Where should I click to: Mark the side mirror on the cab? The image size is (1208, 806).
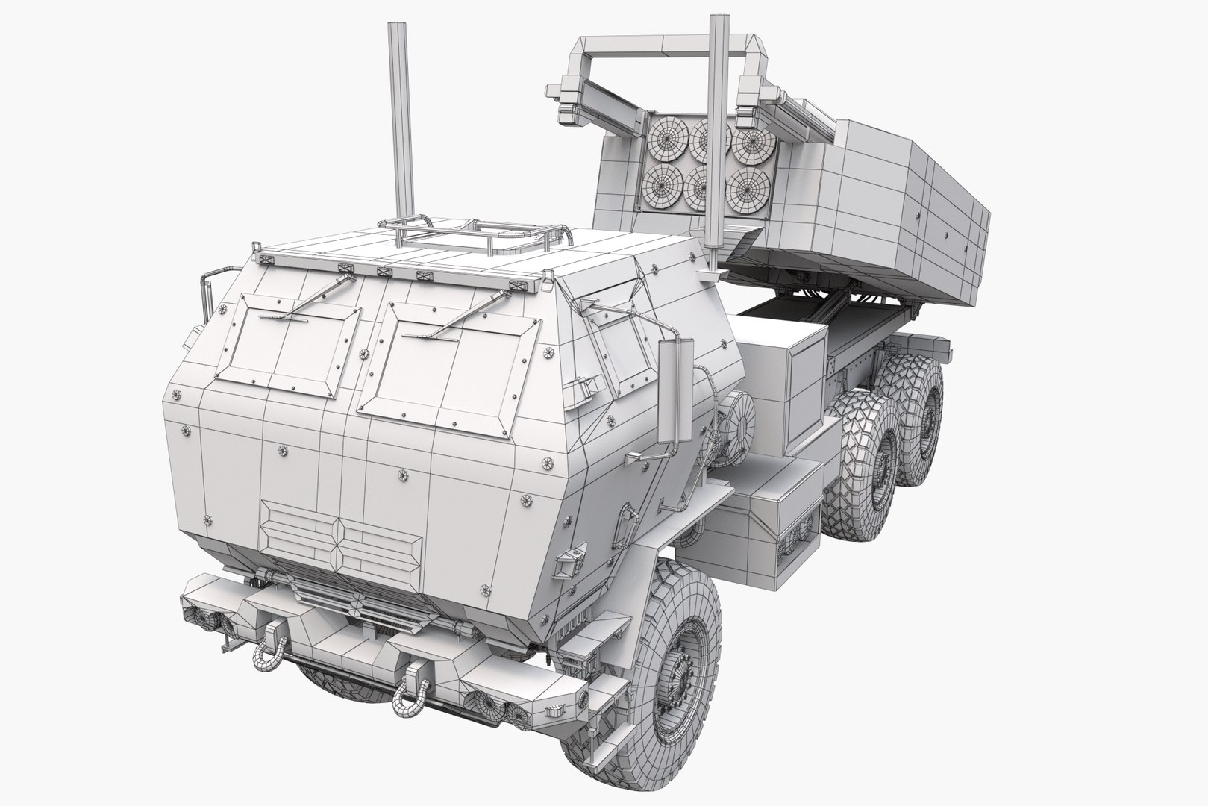point(681,388)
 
